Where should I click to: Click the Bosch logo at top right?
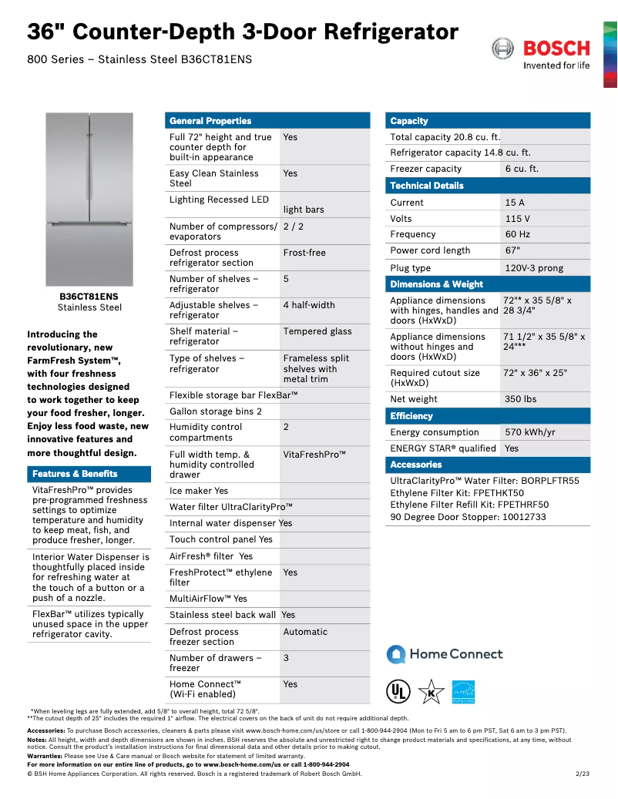coord(541,54)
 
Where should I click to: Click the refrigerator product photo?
coord(89,199)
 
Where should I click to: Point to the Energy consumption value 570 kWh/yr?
coord(529,432)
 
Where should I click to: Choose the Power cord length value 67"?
coord(512,250)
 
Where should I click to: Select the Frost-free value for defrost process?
coord(304,253)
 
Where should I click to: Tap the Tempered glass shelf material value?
coord(317,331)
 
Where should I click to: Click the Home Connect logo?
coord(445,654)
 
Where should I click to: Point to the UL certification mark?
coord(398,691)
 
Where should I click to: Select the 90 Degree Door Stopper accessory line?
coord(468,517)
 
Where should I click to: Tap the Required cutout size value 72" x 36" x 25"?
coord(534,373)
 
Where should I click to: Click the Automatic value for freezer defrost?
coord(305,632)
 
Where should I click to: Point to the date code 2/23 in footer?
coord(582,774)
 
